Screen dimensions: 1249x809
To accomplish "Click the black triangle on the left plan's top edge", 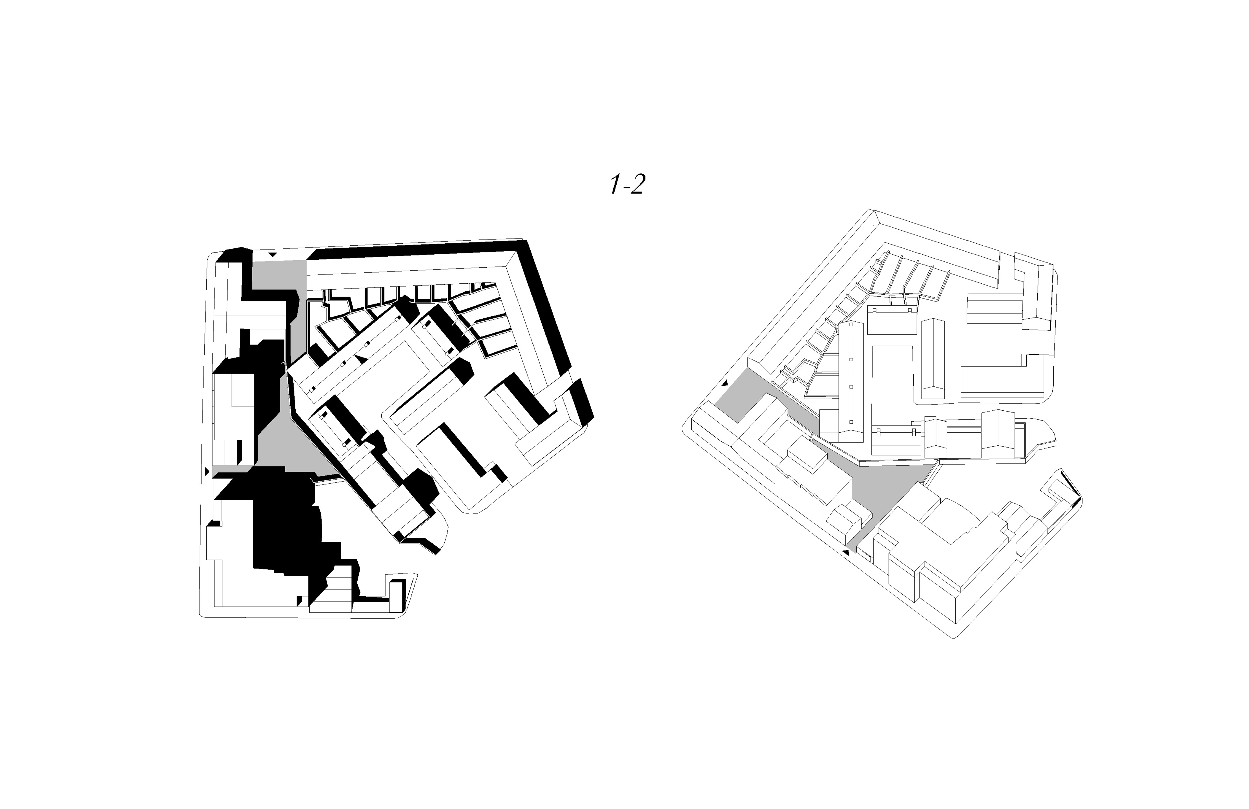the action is (x=272, y=254).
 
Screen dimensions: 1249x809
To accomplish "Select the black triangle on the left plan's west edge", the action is (x=207, y=472).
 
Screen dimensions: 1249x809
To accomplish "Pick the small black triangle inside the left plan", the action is (x=360, y=357).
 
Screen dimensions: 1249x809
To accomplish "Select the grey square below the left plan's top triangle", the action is (x=278, y=274).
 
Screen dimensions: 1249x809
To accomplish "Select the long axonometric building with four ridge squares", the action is (x=850, y=378).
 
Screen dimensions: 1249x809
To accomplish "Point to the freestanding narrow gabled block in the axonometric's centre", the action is (x=929, y=362).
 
